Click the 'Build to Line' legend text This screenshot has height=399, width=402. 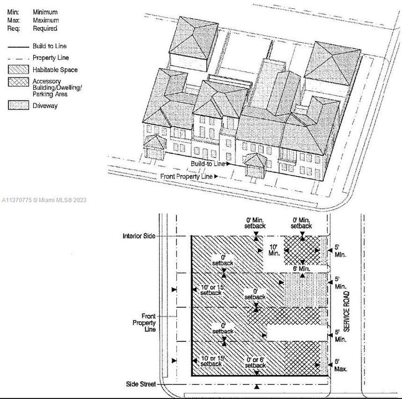[x=50, y=46]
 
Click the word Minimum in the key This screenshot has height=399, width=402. [x=45, y=12]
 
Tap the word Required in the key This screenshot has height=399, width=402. [x=45, y=28]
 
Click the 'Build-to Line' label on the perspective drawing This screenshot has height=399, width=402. [x=208, y=164]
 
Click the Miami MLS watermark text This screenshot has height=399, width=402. [x=44, y=200]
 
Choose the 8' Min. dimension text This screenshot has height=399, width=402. [x=301, y=269]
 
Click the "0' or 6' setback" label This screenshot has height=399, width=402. [x=255, y=362]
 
